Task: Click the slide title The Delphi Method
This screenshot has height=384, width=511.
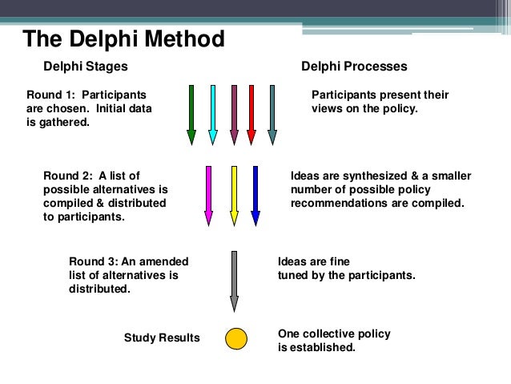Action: [123, 38]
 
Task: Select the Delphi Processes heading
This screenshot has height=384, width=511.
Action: [353, 66]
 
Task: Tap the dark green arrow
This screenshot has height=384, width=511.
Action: [191, 113]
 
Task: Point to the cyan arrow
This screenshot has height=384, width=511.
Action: [212, 113]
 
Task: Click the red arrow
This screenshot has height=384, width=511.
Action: [251, 113]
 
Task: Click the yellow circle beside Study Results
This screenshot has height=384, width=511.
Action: [235, 338]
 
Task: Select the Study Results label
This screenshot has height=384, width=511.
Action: [162, 338]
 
